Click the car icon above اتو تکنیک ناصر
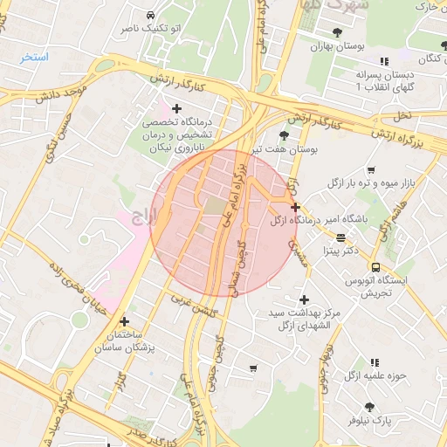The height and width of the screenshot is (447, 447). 152,15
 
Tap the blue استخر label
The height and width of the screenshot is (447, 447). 35,57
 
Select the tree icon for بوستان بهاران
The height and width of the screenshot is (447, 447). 337,32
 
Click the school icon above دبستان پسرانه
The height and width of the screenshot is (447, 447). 384,61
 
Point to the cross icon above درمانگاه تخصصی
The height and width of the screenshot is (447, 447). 177,109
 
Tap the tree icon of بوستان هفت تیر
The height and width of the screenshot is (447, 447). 284,134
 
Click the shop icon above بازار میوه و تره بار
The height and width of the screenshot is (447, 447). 371,169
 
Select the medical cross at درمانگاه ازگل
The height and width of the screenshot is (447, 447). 296,208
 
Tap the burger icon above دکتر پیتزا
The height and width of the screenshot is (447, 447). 340,237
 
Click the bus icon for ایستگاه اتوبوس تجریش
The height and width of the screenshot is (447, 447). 375,267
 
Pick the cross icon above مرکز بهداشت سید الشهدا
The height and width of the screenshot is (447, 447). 303,299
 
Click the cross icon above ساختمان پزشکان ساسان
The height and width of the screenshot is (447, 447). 123,321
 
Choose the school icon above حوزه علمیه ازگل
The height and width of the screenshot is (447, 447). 375,361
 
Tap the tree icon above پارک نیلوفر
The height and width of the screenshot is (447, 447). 369,406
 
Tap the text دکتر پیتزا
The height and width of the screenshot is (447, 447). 340,251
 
